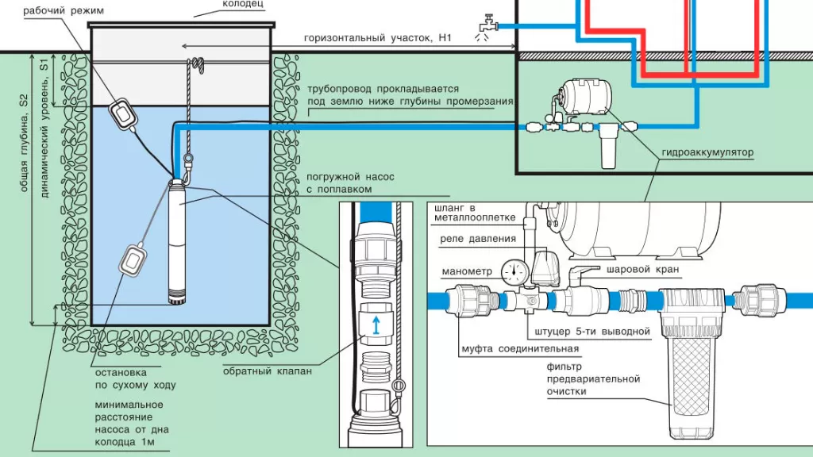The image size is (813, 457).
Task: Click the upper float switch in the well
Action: [x=125, y=112]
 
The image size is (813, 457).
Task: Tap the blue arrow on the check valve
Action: [x=377, y=324]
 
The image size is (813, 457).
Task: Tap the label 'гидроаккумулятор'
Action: [x=705, y=151]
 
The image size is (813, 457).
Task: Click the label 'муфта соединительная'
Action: [x=520, y=348]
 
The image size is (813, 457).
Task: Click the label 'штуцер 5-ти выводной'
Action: [x=589, y=330]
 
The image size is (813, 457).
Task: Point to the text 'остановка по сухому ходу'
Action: [x=136, y=377]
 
